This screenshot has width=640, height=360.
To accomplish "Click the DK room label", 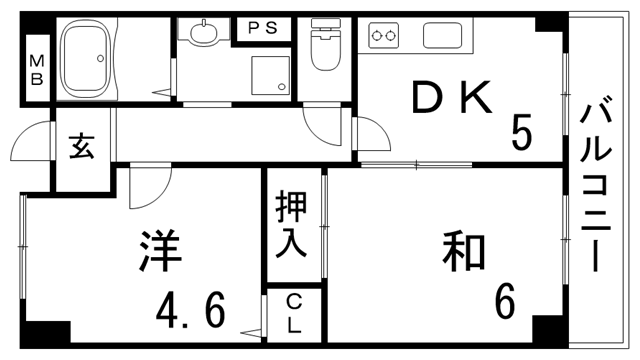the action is point(454,99).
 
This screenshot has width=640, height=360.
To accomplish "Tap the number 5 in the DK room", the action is point(522,131).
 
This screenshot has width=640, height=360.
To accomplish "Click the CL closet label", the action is point(293,313).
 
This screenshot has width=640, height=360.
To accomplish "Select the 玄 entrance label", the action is point(82,147).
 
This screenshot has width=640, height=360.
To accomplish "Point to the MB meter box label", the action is point(35,70).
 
